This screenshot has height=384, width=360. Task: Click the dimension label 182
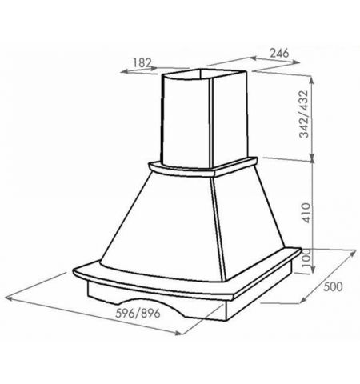142,62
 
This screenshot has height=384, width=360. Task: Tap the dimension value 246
279,53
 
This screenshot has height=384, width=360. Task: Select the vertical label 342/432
304,114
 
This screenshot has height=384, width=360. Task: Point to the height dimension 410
306,213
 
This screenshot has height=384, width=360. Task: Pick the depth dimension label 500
333,286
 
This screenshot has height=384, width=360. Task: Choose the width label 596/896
138,313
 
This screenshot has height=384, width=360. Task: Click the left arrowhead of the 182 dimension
124,71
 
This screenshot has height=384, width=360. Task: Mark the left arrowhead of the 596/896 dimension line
9,298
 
